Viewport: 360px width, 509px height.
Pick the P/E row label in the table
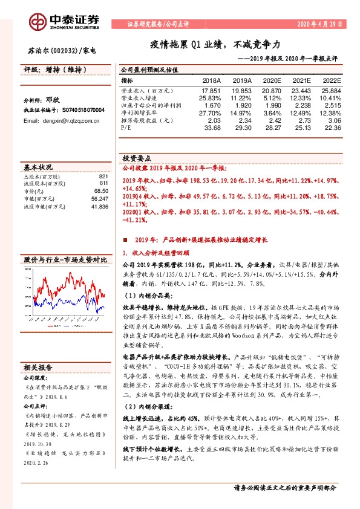(x=125, y=128)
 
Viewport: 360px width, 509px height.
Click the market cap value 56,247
(x=99, y=198)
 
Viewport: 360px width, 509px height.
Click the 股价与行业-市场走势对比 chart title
(x=65, y=259)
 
